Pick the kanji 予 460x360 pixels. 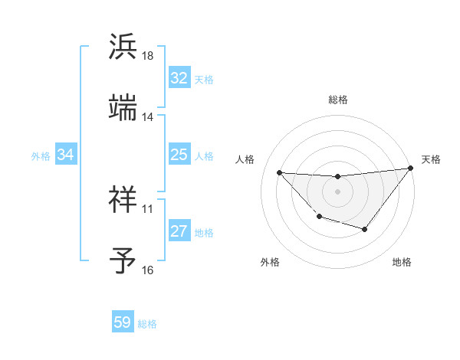click(x=123, y=260)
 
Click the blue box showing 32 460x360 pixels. click(x=179, y=78)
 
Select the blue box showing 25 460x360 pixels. click(x=179, y=155)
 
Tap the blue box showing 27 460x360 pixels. click(x=179, y=232)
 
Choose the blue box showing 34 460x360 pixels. click(x=66, y=155)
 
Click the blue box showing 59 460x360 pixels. click(x=123, y=322)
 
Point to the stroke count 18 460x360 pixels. click(x=148, y=56)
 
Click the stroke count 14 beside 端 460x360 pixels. click(x=148, y=117)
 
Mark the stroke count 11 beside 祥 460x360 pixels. click(x=148, y=208)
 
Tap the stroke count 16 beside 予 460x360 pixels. click(x=148, y=270)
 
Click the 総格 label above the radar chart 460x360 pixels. click(x=338, y=100)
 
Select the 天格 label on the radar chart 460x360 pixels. click(x=431, y=159)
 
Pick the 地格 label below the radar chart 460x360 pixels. click(x=402, y=262)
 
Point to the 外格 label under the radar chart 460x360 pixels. click(x=270, y=262)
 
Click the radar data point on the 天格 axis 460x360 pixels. click(x=410, y=169)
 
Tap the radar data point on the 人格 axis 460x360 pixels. click(x=279, y=172)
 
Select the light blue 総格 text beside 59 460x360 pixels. click(x=147, y=324)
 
